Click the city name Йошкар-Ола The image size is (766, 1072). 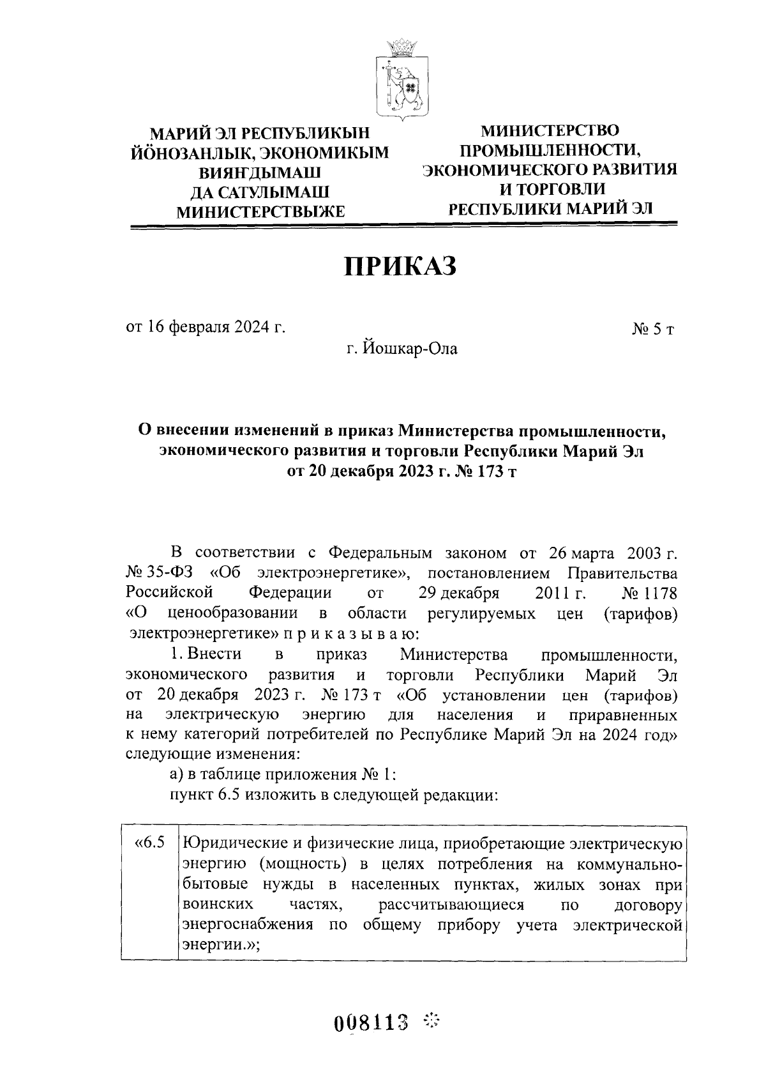[x=402, y=349]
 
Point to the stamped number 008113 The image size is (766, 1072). [x=371, y=1022]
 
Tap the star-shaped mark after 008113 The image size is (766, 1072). [x=433, y=1020]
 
